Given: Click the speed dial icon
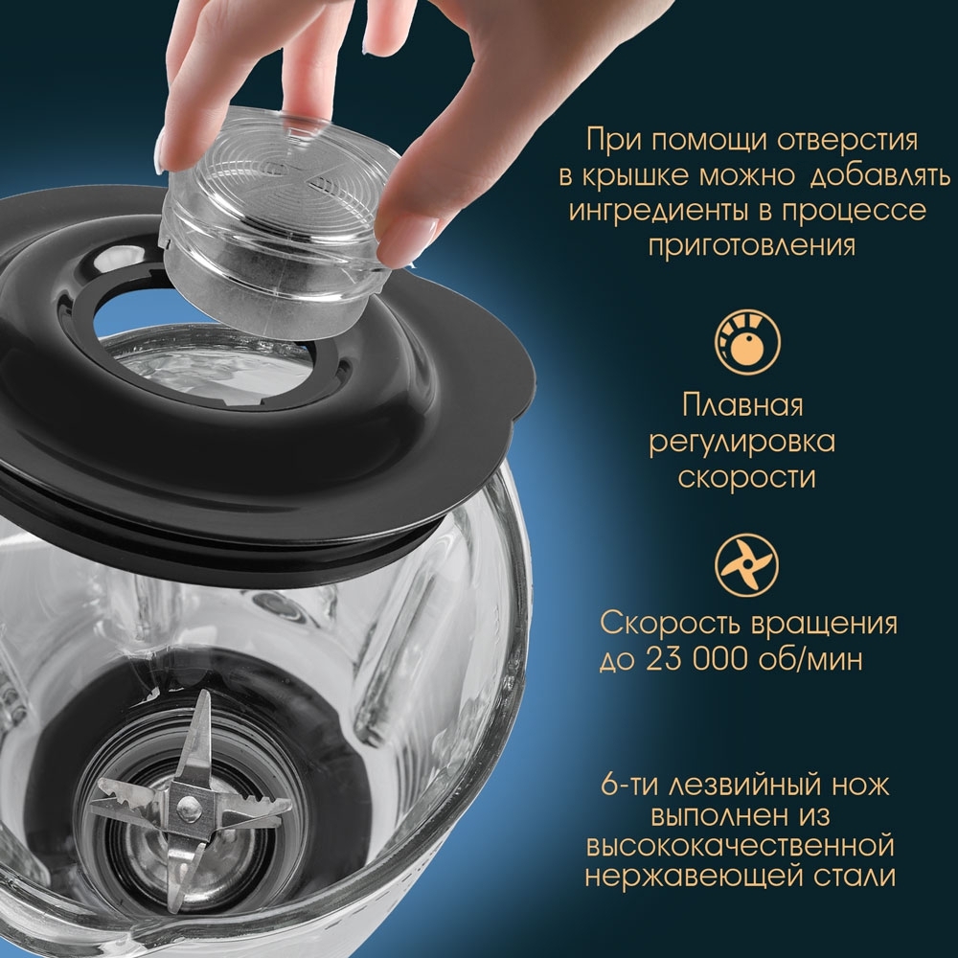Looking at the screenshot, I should pos(748,340).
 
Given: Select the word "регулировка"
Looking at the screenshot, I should pos(742,442).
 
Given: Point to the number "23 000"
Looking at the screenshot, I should pos(694,660).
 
